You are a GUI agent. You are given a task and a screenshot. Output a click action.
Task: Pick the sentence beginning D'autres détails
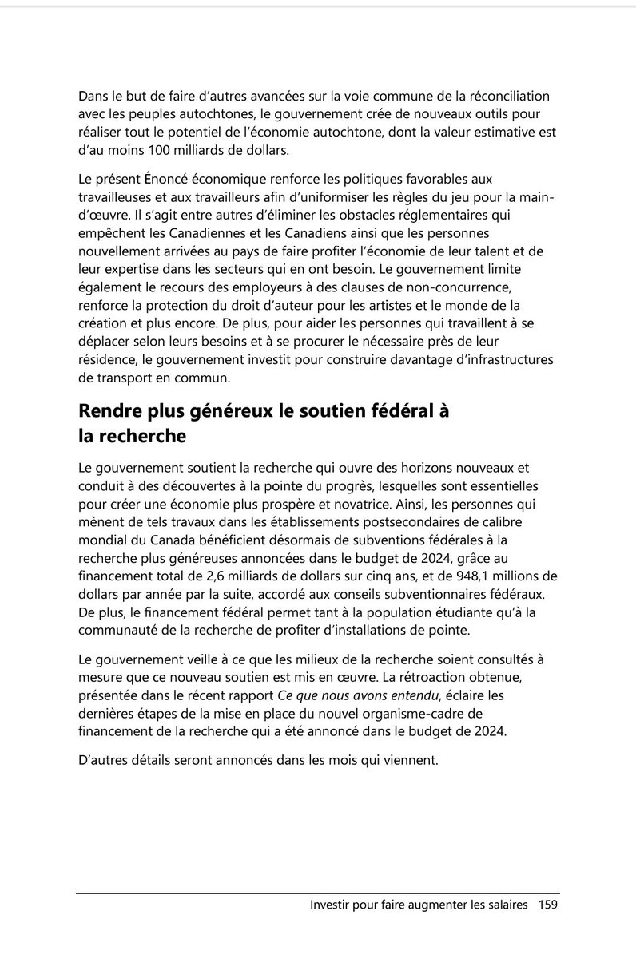coord(258,761)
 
